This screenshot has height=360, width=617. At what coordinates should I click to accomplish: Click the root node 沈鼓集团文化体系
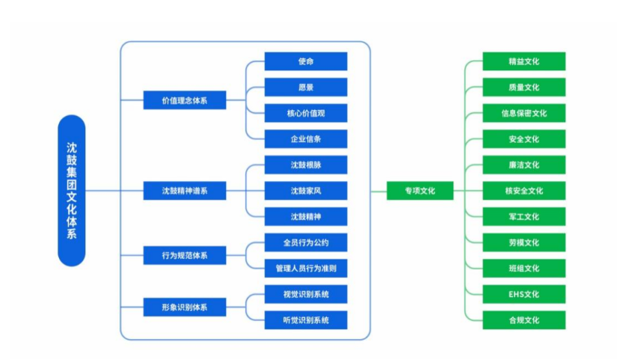point(72,191)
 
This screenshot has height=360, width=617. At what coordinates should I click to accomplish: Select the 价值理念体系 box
point(184,100)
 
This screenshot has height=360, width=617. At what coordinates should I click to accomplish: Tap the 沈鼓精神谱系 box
point(184,191)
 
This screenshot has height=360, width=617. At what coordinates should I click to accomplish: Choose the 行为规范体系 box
point(184,255)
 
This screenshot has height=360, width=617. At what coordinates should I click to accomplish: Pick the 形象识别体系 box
point(184,307)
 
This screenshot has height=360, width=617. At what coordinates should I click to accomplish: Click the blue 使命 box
point(306,61)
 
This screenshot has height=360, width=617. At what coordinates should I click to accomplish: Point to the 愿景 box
point(306,88)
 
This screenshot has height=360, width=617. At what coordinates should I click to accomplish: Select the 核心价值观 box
point(306,113)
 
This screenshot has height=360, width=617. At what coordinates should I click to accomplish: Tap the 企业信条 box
point(306,139)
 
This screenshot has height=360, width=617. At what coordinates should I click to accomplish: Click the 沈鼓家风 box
point(306,191)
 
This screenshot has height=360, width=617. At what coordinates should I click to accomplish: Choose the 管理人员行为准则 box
point(306,268)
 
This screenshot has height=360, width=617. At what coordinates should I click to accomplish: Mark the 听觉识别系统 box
point(306,320)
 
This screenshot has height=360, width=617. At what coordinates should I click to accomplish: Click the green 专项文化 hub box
point(420,191)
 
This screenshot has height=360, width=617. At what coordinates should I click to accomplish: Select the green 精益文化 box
point(524,61)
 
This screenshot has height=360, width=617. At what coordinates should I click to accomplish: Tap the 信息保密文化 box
point(524,113)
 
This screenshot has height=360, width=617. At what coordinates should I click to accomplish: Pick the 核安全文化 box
point(524,191)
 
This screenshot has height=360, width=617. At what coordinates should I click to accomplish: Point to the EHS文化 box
point(524,294)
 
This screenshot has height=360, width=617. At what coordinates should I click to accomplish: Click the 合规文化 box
point(524,320)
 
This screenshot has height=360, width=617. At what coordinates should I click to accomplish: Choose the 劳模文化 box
point(524,242)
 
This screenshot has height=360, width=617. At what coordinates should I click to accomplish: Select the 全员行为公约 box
point(306,242)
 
